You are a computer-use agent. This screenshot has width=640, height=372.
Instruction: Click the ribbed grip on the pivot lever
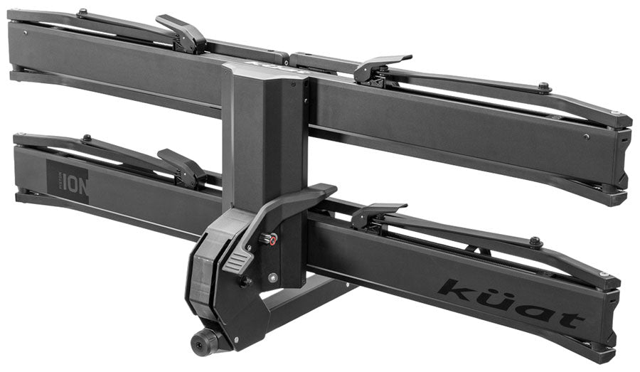pos(238,262)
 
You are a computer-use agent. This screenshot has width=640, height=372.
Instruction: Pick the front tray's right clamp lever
pos(377,211)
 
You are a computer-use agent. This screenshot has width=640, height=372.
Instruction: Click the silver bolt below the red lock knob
pos(271,277)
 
